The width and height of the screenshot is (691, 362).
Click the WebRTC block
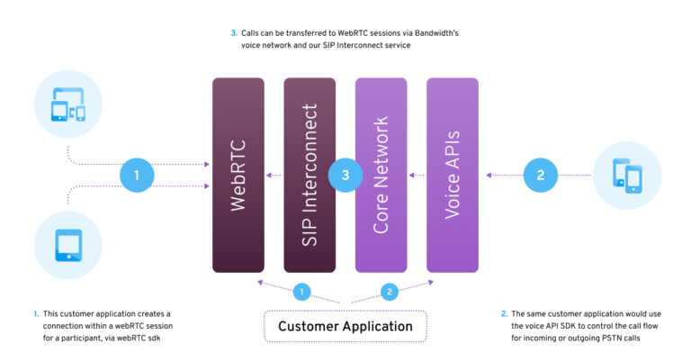[x=238, y=175]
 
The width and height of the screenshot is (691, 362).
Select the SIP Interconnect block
[x=310, y=175]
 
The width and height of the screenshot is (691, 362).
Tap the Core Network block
[x=381, y=175]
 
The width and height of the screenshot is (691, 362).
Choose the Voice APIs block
[x=453, y=175]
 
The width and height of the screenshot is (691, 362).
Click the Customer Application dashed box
[x=345, y=326]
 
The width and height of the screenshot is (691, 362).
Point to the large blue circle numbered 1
[x=137, y=176]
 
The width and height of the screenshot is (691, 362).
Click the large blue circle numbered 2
[x=541, y=176]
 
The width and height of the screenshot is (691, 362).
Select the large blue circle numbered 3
[x=345, y=176]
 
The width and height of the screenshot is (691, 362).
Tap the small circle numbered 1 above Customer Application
[x=302, y=291]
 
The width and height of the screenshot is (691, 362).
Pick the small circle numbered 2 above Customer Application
[x=389, y=291]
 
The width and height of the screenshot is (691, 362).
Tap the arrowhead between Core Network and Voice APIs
[x=412, y=176]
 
